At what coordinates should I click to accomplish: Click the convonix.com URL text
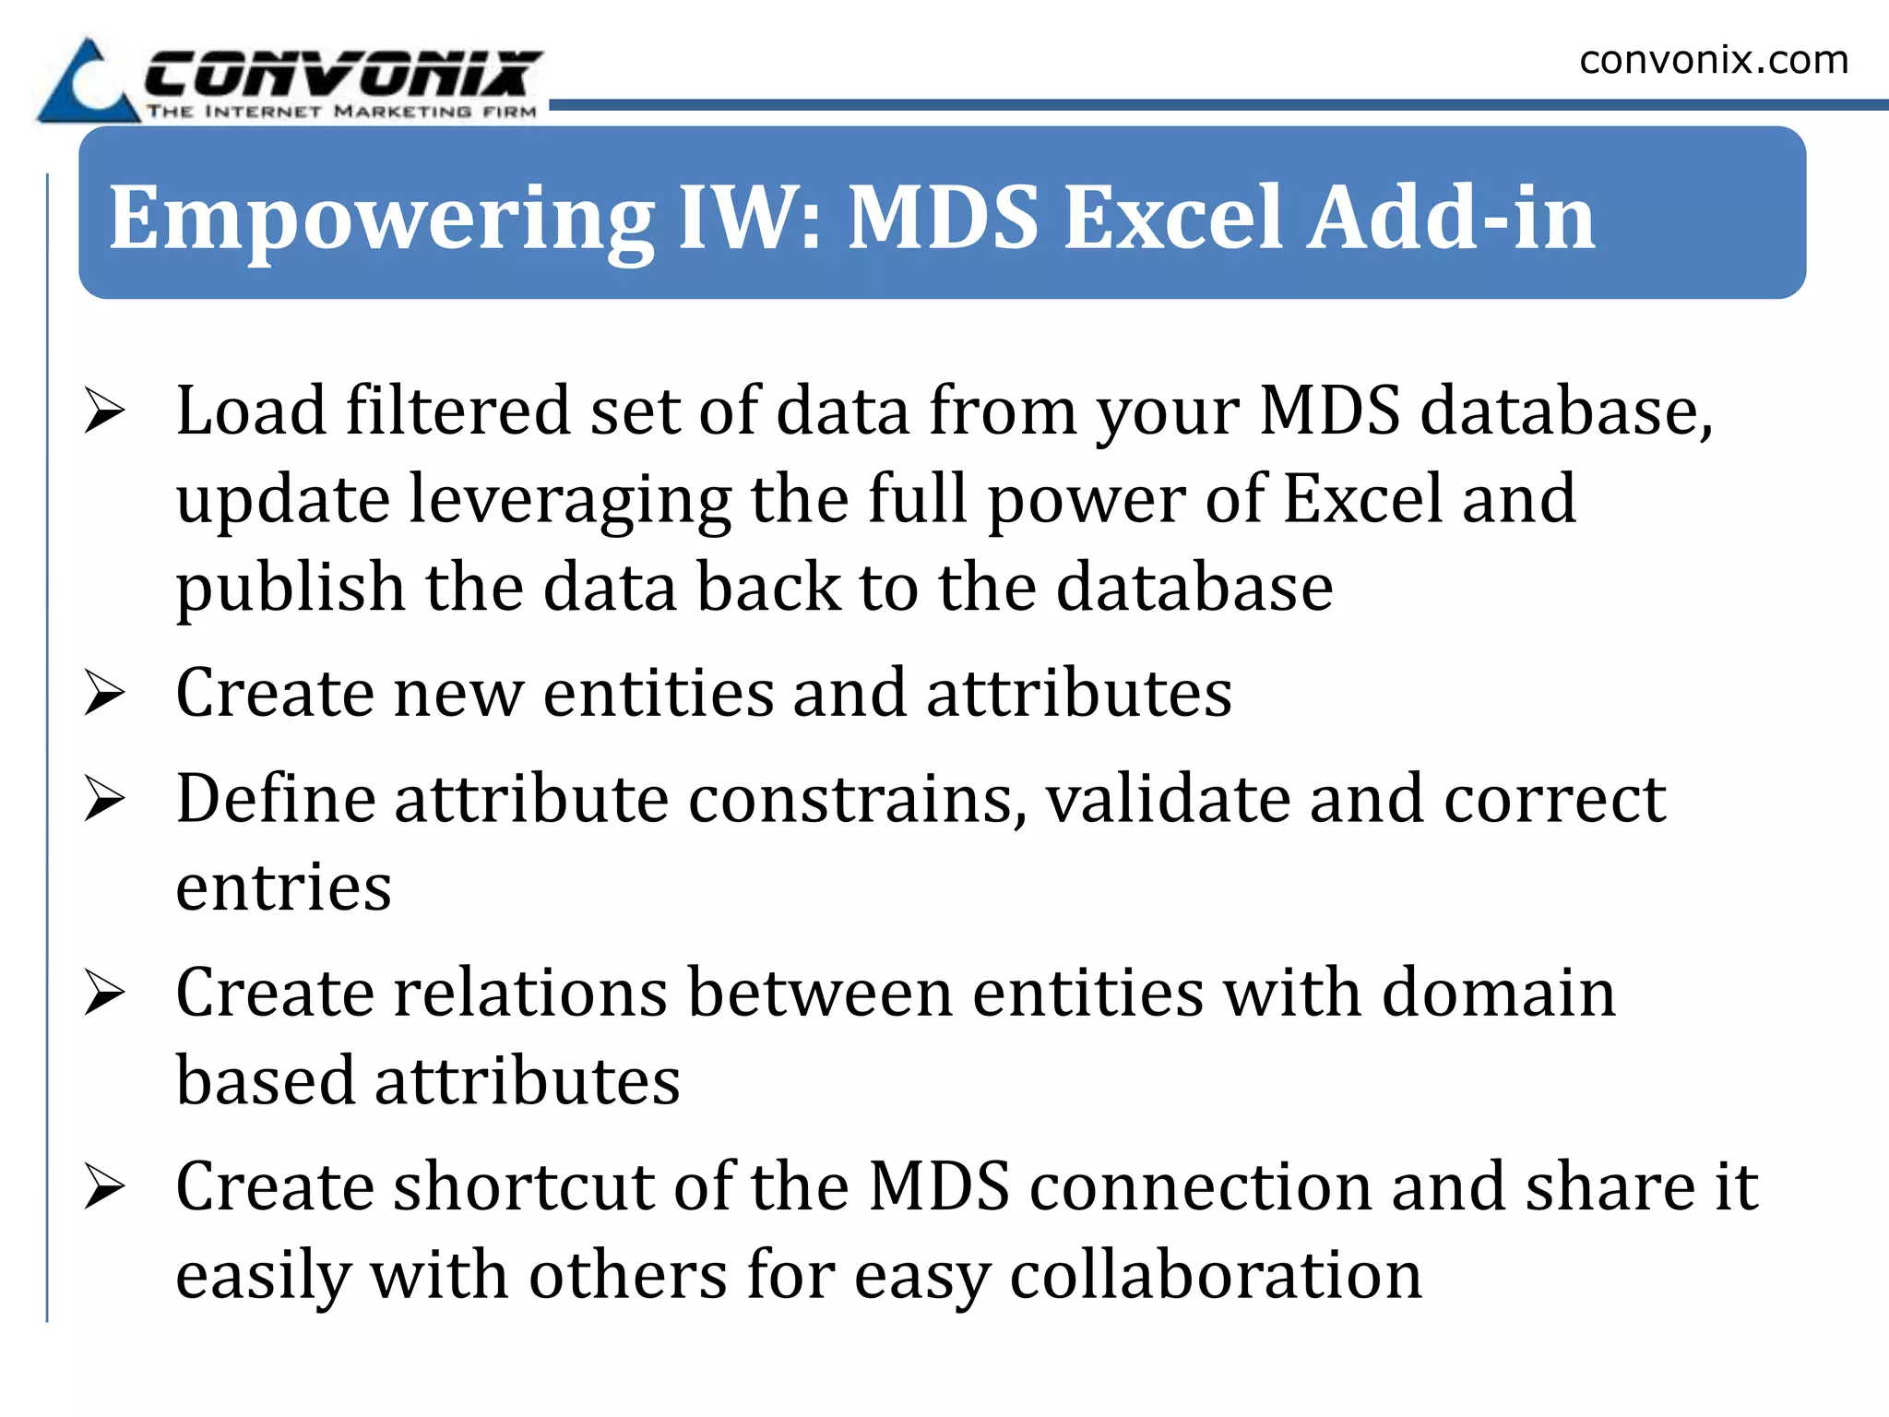[x=1714, y=61]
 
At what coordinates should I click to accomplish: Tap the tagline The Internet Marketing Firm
[x=341, y=112]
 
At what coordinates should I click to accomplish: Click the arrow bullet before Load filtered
[x=104, y=411]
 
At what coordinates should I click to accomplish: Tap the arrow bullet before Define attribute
[x=104, y=799]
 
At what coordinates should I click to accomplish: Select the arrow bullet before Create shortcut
[x=104, y=1186]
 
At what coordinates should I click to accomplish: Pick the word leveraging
[x=570, y=501]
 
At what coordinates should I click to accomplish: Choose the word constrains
[x=858, y=799]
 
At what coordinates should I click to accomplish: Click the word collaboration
[x=1216, y=1275]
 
